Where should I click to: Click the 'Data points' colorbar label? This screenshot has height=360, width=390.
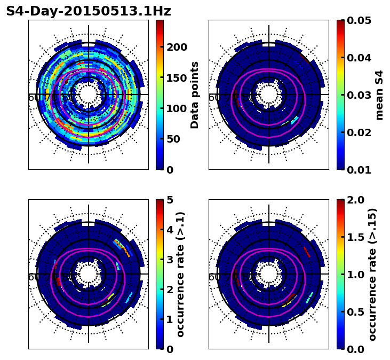pyautogui.click(x=195, y=95)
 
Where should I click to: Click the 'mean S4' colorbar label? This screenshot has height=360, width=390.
pyautogui.click(x=379, y=95)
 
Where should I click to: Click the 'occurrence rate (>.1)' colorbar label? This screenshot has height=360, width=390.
pyautogui.click(x=180, y=274)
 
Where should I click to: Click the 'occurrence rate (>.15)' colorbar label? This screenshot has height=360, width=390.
pyautogui.click(x=372, y=274)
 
